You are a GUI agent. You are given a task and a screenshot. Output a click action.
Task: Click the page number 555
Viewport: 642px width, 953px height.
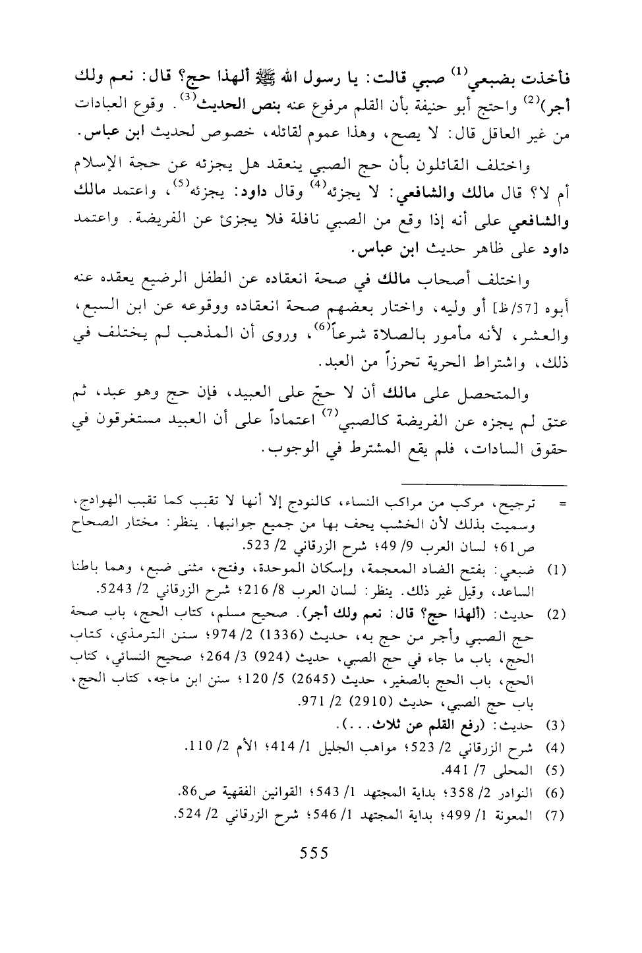[313, 852]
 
